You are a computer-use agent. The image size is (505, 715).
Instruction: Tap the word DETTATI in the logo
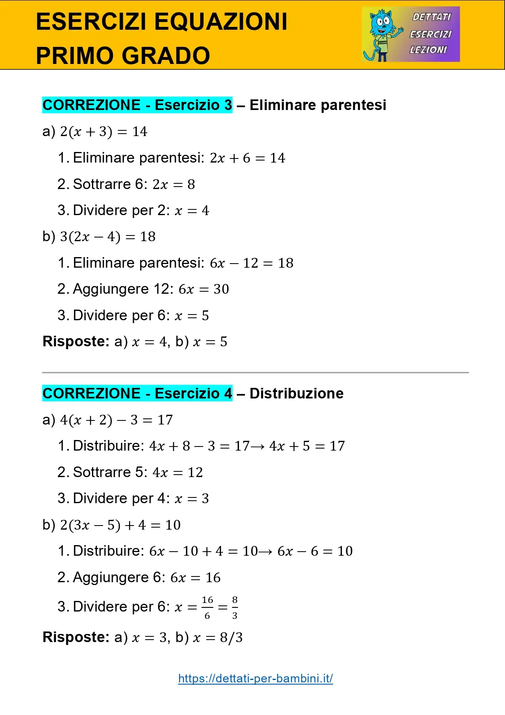pyautogui.click(x=431, y=17)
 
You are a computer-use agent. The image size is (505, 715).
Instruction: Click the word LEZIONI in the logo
pyautogui.click(x=428, y=50)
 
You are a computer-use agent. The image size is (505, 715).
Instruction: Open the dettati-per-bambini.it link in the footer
pyautogui.click(x=256, y=678)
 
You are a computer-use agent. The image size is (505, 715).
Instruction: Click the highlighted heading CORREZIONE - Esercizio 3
pyautogui.click(x=137, y=105)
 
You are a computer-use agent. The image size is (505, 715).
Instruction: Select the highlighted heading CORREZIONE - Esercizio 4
pyautogui.click(x=137, y=394)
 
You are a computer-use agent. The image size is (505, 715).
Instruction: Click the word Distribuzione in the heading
pyautogui.click(x=296, y=394)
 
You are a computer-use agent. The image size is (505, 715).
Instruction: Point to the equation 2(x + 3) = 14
pyautogui.click(x=103, y=132)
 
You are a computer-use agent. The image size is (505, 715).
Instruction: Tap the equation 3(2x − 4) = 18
pyautogui.click(x=107, y=237)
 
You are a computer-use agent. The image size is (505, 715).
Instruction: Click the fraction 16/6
pyautogui.click(x=207, y=607)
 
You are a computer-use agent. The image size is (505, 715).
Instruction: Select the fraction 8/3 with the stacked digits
pyautogui.click(x=235, y=607)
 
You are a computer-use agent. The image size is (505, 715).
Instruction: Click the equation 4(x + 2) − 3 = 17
pyautogui.click(x=116, y=420)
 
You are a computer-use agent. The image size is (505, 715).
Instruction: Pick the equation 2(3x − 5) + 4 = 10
pyautogui.click(x=120, y=525)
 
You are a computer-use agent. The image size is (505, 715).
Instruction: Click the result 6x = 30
pyautogui.click(x=203, y=289)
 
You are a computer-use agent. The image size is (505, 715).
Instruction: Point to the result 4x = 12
pyautogui.click(x=177, y=473)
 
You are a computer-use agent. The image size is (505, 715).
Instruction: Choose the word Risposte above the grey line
pyautogui.click(x=76, y=341)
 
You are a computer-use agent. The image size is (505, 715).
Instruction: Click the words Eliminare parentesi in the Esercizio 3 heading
pyautogui.click(x=318, y=105)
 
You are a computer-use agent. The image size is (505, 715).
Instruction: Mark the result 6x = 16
pyautogui.click(x=195, y=578)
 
